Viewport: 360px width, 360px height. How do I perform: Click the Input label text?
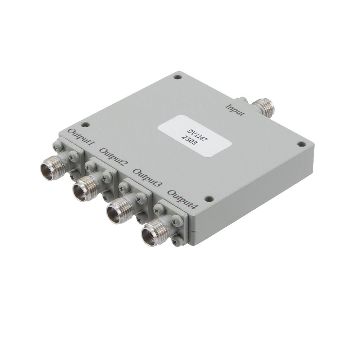tap(235, 110)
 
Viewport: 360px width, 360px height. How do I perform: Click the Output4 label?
tap(182, 199)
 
